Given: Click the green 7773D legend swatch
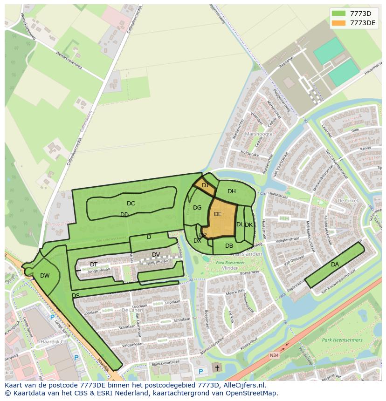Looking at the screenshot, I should tap(339, 13).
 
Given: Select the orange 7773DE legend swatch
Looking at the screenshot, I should tap(339, 22).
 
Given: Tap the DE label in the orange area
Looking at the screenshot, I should tap(218, 214).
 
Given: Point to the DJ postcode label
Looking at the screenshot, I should tap(205, 185).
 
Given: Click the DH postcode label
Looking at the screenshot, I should tap(232, 191).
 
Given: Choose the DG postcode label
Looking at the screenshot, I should tap(197, 208).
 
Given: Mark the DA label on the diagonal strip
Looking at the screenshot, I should tap(335, 265).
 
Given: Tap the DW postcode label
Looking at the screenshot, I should tap(45, 276).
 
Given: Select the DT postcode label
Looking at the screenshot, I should tap(94, 265).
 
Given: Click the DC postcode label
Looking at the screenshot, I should tap(131, 204).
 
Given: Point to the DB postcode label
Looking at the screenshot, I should tap(229, 246).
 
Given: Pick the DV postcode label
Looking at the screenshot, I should tap(156, 254).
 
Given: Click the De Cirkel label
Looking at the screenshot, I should tap(347, 201).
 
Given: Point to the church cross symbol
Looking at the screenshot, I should tap(216, 367).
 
